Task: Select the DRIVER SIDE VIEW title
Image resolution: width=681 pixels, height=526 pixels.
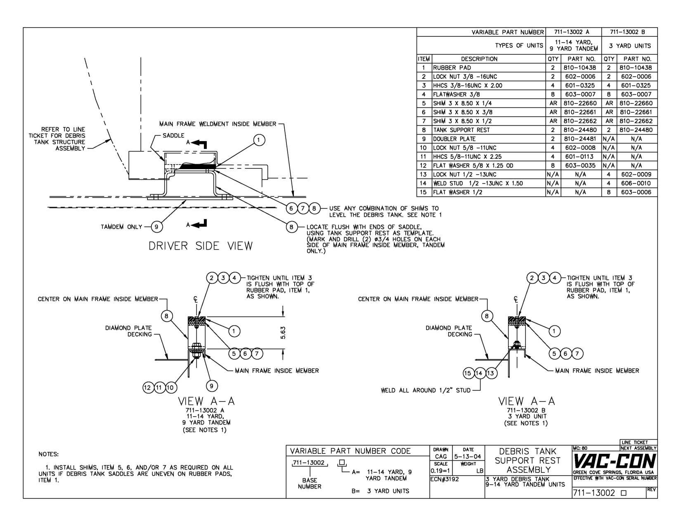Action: (x=201, y=246)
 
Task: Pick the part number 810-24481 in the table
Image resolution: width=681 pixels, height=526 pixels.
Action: (x=580, y=139)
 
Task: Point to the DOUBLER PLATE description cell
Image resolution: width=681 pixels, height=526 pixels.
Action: (x=454, y=139)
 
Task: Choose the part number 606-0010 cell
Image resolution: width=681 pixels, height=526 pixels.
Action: (x=637, y=183)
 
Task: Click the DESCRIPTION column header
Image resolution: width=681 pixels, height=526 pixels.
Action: (x=479, y=59)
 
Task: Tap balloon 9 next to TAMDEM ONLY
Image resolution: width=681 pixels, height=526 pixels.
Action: (x=156, y=226)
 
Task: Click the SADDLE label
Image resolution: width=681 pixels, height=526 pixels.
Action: (x=173, y=136)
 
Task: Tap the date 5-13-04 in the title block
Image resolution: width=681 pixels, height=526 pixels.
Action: (x=468, y=457)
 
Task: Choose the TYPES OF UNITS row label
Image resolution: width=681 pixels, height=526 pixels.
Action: (x=519, y=46)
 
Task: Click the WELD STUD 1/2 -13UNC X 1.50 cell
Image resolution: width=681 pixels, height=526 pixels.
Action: (x=478, y=183)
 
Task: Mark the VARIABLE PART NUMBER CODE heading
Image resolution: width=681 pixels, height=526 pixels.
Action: (x=351, y=451)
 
